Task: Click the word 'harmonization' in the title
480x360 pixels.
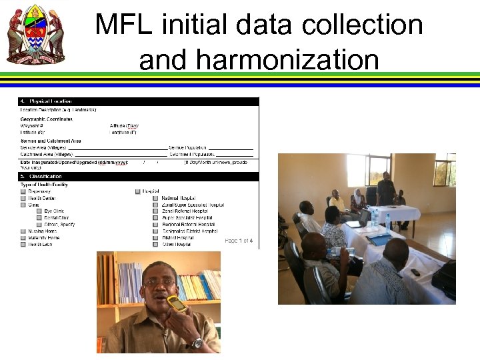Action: click(x=259, y=60)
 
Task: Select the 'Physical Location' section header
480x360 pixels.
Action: click(x=50, y=101)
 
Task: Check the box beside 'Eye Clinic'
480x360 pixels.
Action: click(x=39, y=211)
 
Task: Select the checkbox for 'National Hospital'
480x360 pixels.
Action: click(x=155, y=198)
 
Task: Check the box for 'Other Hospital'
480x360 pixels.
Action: click(x=155, y=245)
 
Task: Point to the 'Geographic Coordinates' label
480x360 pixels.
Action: click(x=46, y=119)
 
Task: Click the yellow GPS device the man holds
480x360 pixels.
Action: click(x=177, y=304)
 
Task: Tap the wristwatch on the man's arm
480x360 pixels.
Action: click(x=196, y=343)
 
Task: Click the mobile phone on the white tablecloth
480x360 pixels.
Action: click(x=415, y=273)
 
